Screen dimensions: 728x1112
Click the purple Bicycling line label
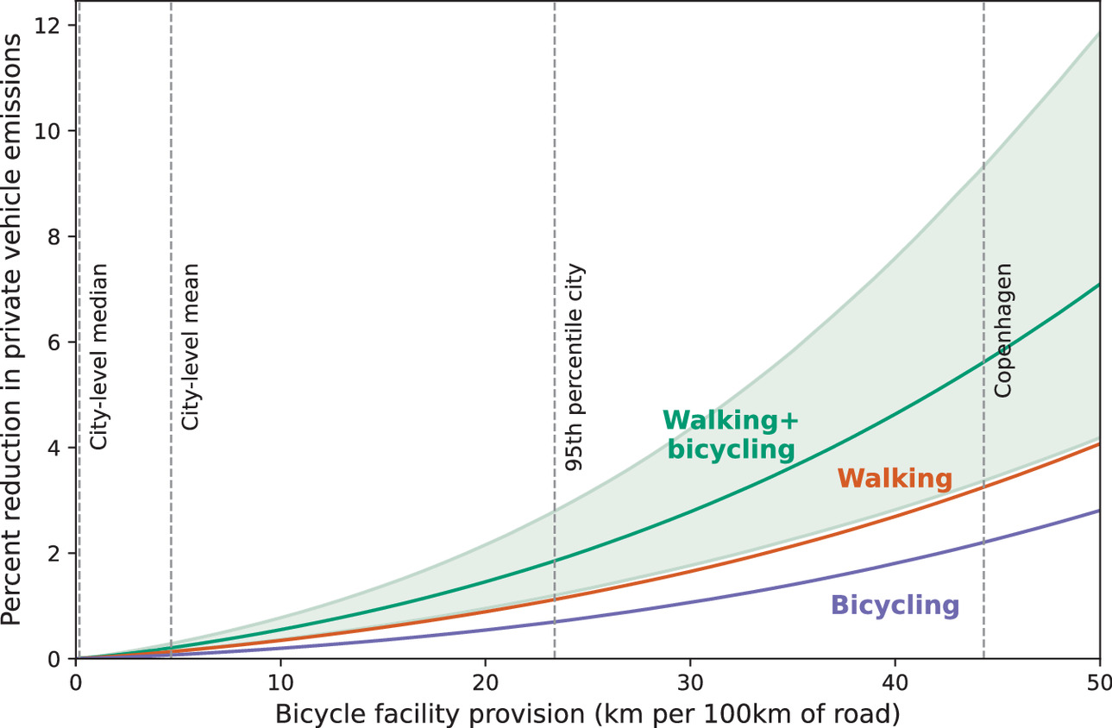895,606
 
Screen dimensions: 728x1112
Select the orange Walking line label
895,479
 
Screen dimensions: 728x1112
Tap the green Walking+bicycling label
730,435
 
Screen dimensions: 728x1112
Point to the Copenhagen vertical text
1002,330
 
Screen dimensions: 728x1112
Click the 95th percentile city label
574,367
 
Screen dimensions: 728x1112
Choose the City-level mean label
191,347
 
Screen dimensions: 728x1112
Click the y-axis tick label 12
48,26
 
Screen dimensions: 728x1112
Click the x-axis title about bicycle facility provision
587,712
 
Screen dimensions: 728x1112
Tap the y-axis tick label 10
48,132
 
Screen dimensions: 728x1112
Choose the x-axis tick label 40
895,681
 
